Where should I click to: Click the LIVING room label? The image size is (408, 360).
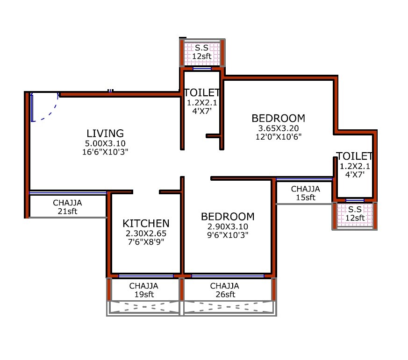click(105, 134)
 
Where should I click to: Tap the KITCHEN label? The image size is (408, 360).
click(146, 223)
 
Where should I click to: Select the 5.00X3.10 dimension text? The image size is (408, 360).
click(105, 143)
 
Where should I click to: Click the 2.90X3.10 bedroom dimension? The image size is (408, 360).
click(228, 227)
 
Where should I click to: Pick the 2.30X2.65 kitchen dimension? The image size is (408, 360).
click(146, 233)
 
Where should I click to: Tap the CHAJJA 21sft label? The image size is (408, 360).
click(67, 207)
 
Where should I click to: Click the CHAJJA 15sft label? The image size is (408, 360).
click(305, 193)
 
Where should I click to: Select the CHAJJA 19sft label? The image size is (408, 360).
click(143, 290)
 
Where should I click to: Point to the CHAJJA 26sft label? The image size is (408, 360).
click(224, 290)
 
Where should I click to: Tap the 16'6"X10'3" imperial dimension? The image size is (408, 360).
click(105, 152)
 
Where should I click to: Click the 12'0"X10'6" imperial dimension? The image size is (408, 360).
click(278, 137)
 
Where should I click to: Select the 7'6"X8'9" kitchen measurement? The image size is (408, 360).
click(146, 242)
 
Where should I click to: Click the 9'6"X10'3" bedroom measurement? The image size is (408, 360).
click(228, 235)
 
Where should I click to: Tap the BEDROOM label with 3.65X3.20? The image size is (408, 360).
click(278, 118)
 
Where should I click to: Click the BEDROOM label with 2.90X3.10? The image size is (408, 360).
click(228, 217)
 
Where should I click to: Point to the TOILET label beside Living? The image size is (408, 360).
click(202, 92)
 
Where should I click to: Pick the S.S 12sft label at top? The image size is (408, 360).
click(202, 52)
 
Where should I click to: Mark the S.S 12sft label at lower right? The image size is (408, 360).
click(355, 214)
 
